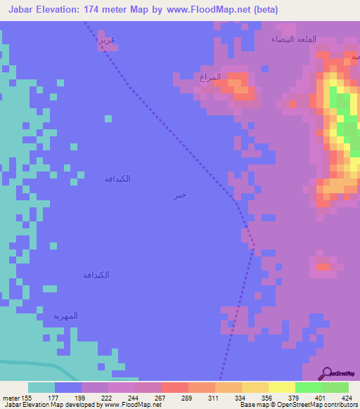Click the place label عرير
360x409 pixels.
[107, 40]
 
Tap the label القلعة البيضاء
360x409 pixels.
[294, 40]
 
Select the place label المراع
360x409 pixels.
[210, 77]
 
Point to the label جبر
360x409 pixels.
[180, 195]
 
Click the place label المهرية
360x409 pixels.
[65, 316]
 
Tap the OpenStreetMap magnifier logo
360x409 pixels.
[327, 373]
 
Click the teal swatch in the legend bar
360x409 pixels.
[41, 387]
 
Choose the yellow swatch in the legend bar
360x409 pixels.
[282, 387]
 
